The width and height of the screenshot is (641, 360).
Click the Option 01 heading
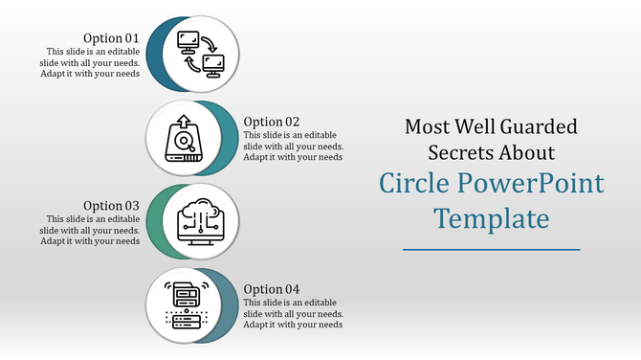pos(112,38)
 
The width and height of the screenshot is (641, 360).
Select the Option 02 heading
pos(272,122)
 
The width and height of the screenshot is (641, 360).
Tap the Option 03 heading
pos(112,205)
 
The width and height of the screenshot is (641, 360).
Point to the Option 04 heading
pos(272,289)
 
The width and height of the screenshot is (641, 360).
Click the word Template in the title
pos(492,218)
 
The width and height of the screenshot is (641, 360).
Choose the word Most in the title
pos(427,125)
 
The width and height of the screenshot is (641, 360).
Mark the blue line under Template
pos(492,249)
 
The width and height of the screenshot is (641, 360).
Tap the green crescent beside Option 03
pos(154,220)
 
